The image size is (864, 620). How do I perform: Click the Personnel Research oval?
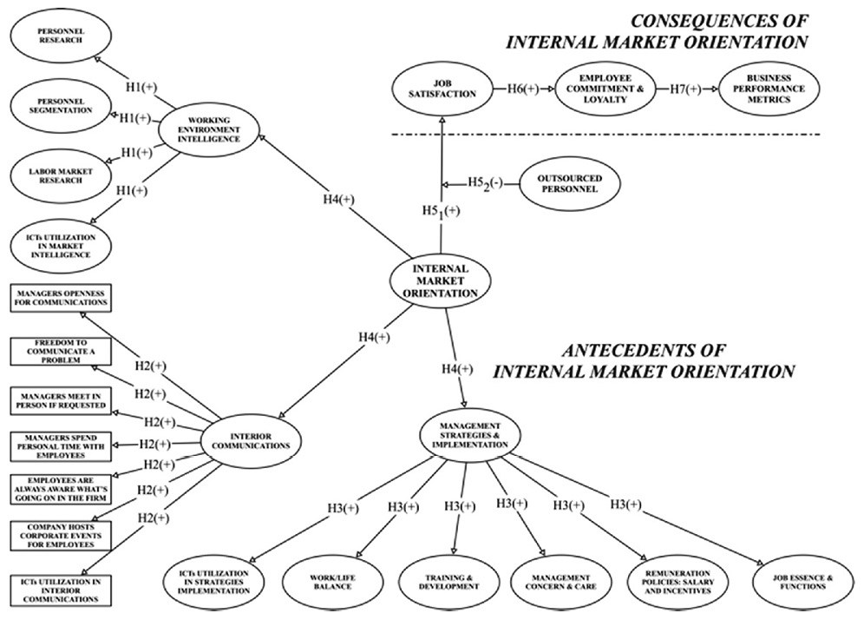pyautogui.click(x=62, y=34)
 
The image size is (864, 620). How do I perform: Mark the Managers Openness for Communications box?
pyautogui.click(x=61, y=298)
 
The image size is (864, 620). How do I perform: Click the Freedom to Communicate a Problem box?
pyautogui.click(x=61, y=351)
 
